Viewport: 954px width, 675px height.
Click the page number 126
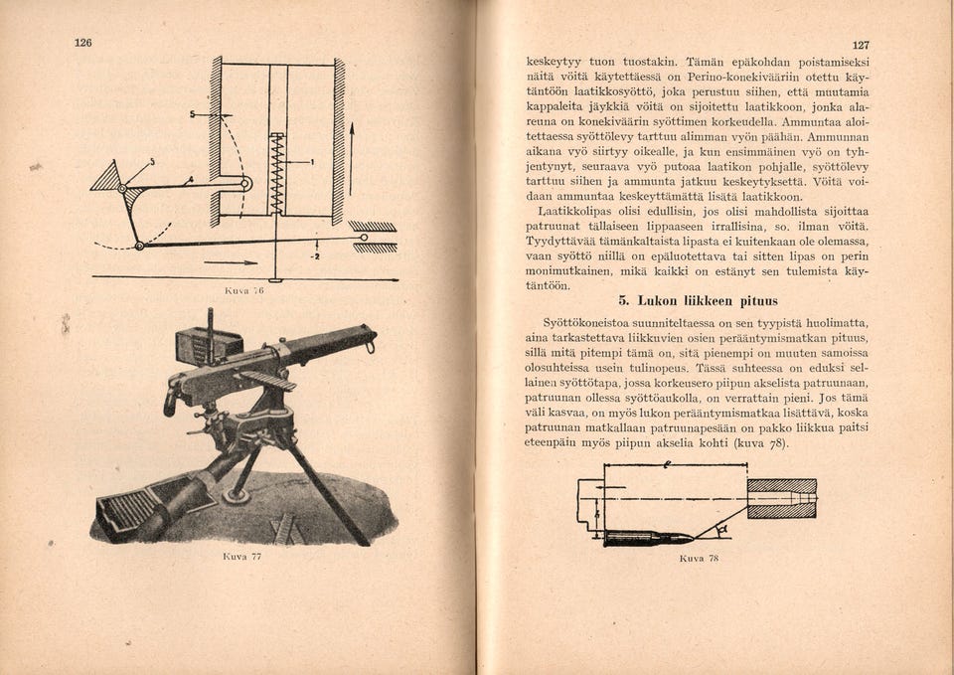(83, 42)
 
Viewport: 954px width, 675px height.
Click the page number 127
(861, 45)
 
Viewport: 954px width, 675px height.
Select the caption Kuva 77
(242, 557)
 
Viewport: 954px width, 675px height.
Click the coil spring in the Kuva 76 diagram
(276, 173)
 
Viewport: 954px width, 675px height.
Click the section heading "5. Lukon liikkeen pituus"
(698, 300)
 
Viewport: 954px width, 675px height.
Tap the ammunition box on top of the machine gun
(208, 344)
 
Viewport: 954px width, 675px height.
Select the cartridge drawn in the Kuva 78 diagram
(647, 537)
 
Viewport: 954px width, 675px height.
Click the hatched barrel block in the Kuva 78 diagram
(781, 498)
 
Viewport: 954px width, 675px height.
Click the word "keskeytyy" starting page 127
(552, 60)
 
